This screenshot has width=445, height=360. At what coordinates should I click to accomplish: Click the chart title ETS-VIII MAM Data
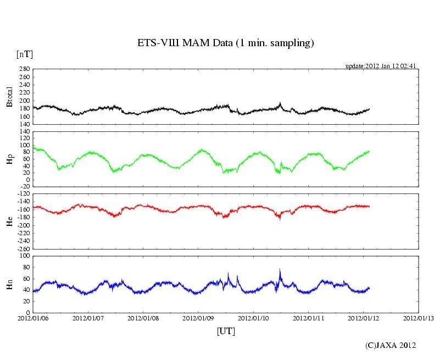(225, 43)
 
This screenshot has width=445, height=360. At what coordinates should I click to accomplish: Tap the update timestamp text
(380, 66)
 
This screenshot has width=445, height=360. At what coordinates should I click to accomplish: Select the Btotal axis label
(9, 97)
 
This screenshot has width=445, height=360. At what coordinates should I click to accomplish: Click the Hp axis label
(9, 159)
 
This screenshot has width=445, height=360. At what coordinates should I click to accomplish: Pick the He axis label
(9, 221)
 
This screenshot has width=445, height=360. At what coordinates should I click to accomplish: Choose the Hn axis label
(9, 284)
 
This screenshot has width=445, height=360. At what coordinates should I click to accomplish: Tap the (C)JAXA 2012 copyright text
(391, 345)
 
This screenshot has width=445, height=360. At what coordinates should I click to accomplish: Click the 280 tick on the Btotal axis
(24, 69)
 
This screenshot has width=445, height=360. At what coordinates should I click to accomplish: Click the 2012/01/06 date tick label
(33, 318)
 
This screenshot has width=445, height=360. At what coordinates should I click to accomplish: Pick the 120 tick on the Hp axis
(24, 132)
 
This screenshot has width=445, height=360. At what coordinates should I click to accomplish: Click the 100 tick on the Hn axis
(24, 256)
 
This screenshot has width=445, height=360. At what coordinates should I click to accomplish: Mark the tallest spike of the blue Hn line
(280, 269)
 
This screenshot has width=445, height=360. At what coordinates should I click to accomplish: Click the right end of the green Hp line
(370, 151)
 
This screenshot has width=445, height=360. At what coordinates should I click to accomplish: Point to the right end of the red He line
(370, 207)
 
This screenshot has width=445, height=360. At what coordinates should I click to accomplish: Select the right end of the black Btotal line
(370, 109)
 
